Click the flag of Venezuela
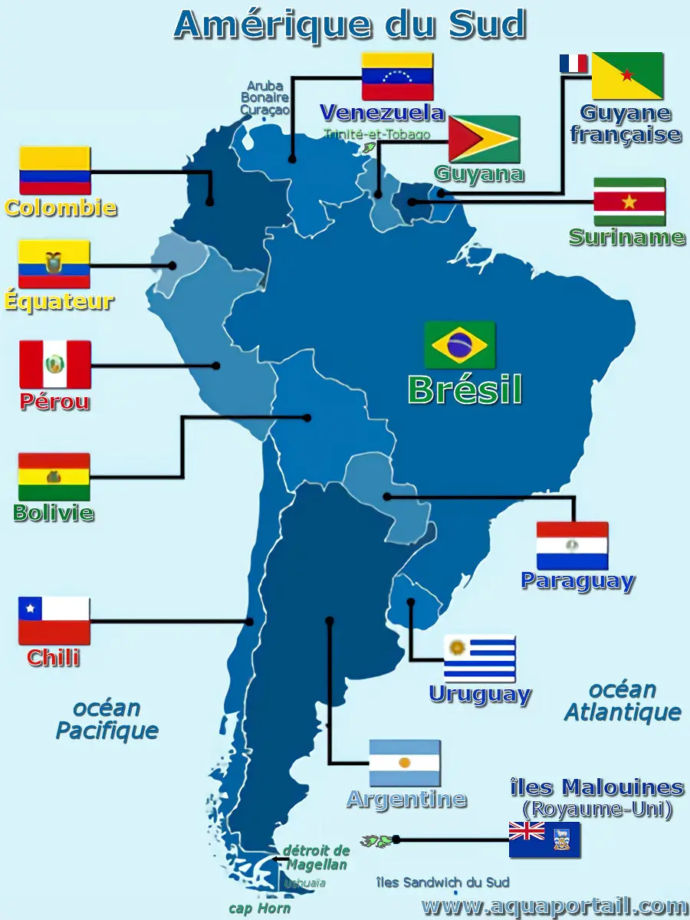[x=397, y=76]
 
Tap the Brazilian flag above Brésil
[x=459, y=345]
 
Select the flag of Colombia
[x=55, y=170]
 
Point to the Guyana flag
[x=484, y=139]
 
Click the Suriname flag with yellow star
[x=629, y=202]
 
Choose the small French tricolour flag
[x=573, y=64]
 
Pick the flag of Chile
[x=54, y=620]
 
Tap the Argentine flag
[x=404, y=763]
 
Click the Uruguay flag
[x=479, y=659]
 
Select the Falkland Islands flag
[x=544, y=839]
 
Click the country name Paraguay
[x=577, y=580]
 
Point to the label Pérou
[x=54, y=402]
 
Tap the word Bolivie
[x=54, y=512]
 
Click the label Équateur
[x=59, y=301]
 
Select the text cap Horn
[x=260, y=909]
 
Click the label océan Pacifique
[x=107, y=719]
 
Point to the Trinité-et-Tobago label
[x=376, y=134]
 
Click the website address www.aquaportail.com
[x=554, y=906]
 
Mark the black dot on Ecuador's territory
[x=172, y=266]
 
